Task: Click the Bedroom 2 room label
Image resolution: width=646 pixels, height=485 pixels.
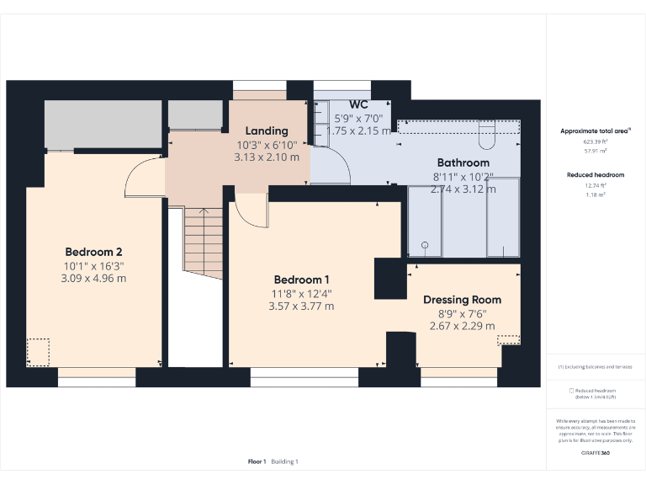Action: tap(94, 252)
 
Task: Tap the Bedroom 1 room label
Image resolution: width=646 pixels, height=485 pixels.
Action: tap(301, 280)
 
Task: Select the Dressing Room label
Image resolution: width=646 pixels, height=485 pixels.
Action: tap(462, 300)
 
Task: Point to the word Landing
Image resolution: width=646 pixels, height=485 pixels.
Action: tap(267, 131)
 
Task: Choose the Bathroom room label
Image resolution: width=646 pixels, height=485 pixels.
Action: tap(463, 163)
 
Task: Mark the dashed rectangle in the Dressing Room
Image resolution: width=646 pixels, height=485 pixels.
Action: tap(508, 339)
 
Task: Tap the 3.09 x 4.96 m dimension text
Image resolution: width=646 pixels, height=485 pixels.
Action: tap(94, 278)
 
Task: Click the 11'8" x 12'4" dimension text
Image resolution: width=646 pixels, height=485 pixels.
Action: tap(301, 294)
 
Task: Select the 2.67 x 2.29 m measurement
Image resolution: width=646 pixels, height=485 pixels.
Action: tap(462, 326)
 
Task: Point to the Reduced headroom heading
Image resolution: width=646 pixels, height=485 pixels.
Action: tap(596, 174)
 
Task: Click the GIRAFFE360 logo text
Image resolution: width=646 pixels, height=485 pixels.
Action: tap(596, 453)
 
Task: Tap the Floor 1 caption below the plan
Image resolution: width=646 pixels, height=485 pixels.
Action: tap(257, 461)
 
